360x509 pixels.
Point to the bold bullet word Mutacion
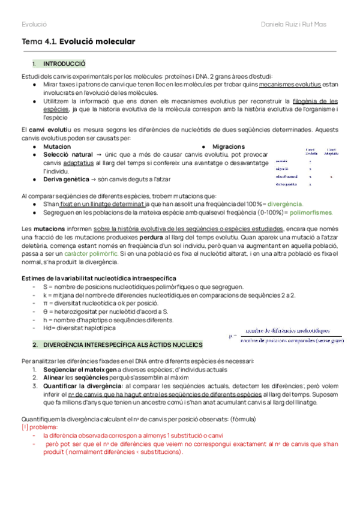coord(57,146)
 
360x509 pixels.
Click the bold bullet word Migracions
coord(228,146)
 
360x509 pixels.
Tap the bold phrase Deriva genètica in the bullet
coord(68,179)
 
